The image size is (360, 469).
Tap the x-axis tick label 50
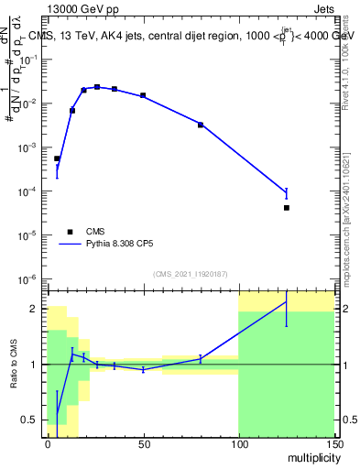143,442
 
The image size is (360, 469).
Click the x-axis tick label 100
238,442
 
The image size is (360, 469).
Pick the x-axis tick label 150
333,442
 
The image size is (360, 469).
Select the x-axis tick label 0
48,442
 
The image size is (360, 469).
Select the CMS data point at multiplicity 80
201,125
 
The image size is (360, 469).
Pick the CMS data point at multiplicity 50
143,95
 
